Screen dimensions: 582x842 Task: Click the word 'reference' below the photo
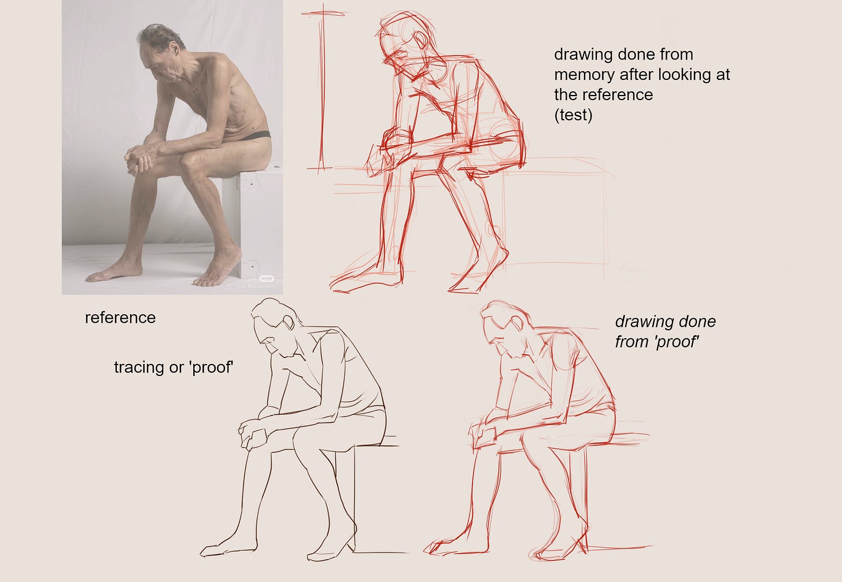click(120, 318)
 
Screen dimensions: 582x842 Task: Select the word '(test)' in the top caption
click(573, 115)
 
